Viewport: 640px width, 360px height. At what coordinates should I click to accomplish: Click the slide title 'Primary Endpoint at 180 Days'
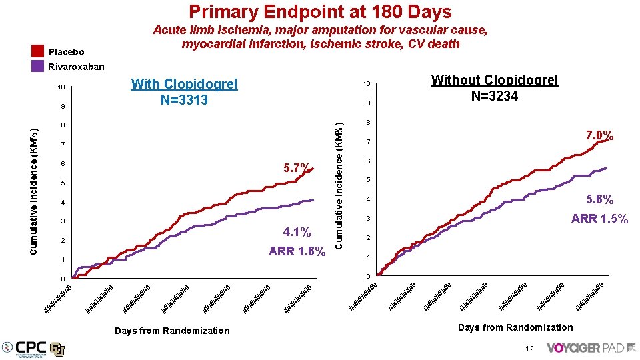tap(320, 11)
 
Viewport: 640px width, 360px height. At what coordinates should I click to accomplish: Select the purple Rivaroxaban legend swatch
tap(38, 66)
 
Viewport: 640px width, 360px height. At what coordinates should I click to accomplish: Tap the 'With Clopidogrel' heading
tap(184, 84)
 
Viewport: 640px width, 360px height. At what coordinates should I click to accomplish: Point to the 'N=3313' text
tap(184, 100)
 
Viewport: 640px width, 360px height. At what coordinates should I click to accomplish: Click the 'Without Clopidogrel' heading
tap(494, 80)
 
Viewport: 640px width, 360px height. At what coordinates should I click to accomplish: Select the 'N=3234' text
tap(494, 96)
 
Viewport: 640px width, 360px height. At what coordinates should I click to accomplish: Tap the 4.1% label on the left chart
tap(297, 232)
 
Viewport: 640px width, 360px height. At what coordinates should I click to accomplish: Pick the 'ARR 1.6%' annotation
tap(297, 251)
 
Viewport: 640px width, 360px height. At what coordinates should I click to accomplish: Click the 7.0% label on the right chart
tap(599, 136)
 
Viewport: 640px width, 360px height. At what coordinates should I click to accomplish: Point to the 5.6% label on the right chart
tap(600, 199)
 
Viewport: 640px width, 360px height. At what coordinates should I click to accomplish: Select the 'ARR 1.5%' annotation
tap(599, 219)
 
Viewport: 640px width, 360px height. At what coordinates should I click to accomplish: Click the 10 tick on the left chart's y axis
tap(61, 87)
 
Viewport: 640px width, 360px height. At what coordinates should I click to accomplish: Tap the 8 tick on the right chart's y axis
tap(367, 123)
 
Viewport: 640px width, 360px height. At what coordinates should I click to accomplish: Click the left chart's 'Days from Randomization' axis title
tap(172, 331)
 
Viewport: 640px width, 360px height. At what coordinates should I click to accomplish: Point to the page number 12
tap(529, 348)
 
